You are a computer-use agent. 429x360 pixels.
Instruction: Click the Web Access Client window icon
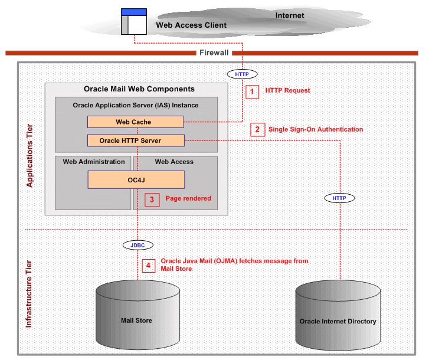point(134,21)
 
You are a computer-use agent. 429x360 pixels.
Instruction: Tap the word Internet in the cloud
point(290,15)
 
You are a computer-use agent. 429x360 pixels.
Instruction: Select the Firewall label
point(214,53)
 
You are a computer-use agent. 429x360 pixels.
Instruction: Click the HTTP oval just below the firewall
point(242,74)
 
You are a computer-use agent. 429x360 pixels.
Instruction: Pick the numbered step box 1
point(252,91)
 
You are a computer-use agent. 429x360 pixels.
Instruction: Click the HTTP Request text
point(287,90)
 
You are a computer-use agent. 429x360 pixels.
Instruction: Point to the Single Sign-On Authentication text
point(316,129)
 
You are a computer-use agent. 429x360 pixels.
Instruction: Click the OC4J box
point(136,179)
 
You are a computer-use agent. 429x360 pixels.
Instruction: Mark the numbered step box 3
point(152,199)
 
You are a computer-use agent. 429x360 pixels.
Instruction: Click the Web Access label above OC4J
point(174,162)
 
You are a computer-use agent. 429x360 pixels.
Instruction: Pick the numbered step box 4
point(148,266)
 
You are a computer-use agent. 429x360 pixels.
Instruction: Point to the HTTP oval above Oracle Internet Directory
point(339,198)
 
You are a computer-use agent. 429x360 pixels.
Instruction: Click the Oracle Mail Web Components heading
point(139,90)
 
